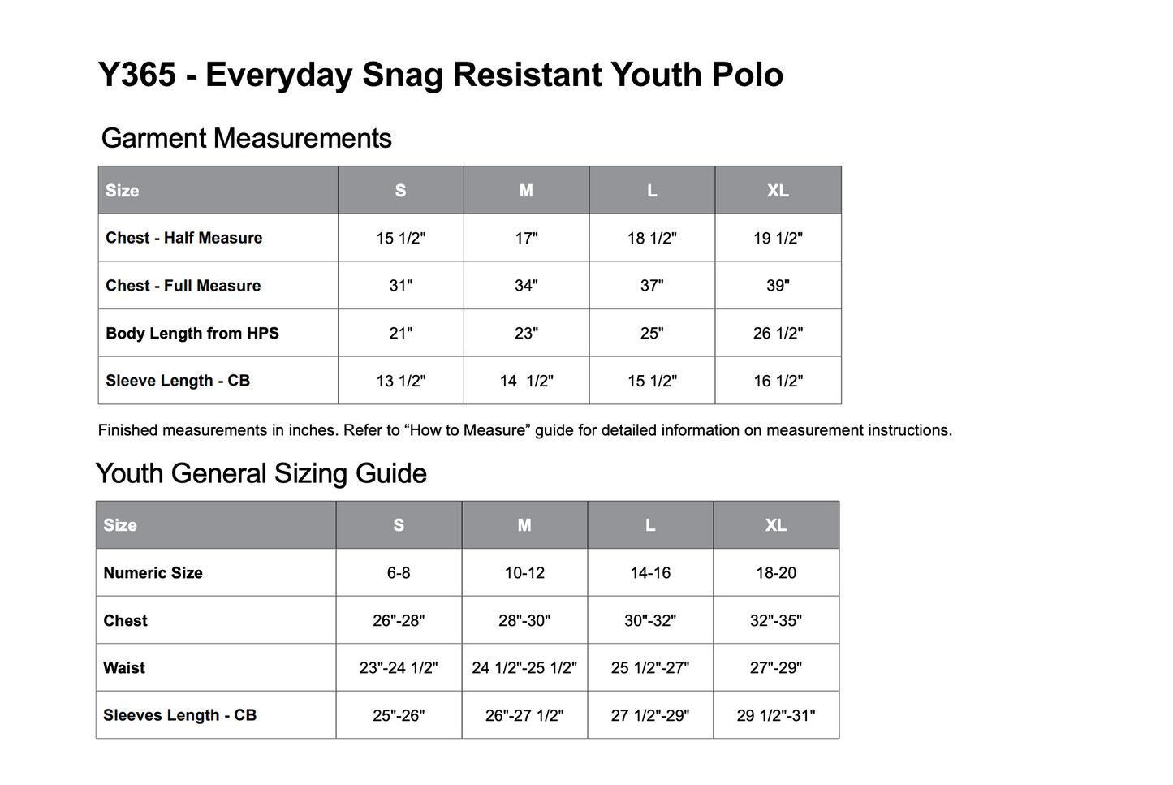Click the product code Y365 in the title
coord(137,75)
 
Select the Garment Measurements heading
coord(246,139)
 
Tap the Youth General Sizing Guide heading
coord(261,473)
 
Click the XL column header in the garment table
coord(778,191)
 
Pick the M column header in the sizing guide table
coord(524,525)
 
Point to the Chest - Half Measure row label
coord(183,238)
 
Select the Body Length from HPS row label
coord(192,333)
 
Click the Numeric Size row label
coord(153,573)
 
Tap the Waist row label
coord(124,667)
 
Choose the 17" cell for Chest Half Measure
coord(526,239)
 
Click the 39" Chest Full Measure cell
coord(778,286)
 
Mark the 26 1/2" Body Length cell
coord(778,333)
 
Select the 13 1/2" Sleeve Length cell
coord(400,381)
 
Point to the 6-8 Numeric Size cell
coord(399,573)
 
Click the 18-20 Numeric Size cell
coord(776,573)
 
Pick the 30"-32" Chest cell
coord(650,620)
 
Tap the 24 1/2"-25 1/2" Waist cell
coord(524,667)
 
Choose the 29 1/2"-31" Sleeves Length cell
coord(776,715)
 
